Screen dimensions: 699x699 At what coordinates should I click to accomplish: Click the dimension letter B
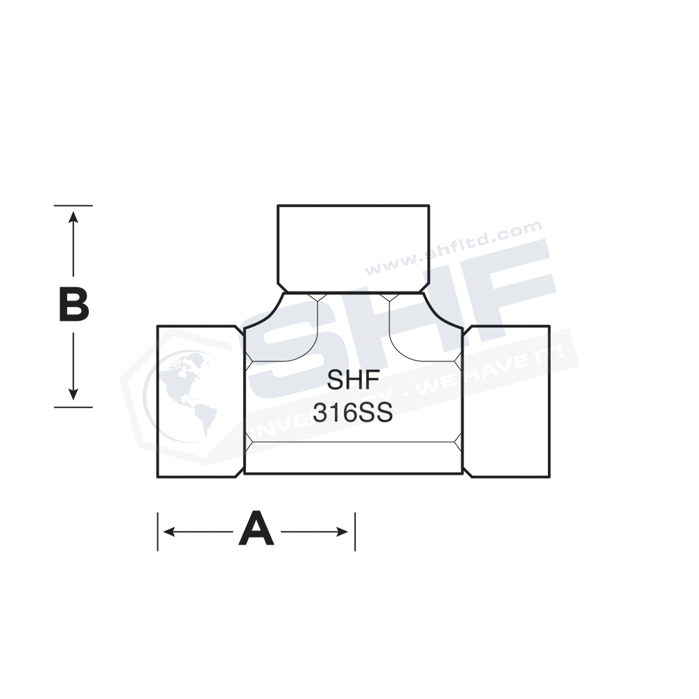[x=73, y=306]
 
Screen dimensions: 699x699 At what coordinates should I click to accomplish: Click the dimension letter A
[x=256, y=529]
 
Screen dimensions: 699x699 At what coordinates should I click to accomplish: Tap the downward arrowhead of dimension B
[x=73, y=395]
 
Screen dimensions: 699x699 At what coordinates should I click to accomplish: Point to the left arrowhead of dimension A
[x=168, y=532]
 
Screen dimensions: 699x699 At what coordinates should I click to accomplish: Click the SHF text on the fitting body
[x=353, y=382]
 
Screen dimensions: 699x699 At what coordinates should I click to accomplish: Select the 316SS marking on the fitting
[x=353, y=413]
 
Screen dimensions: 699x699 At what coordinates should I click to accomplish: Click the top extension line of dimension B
[x=73, y=206]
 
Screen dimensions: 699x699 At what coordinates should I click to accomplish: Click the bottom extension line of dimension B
[x=73, y=406]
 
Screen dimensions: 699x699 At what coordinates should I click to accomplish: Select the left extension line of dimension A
[x=158, y=532]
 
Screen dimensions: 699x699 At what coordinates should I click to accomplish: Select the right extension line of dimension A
[x=355, y=532]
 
